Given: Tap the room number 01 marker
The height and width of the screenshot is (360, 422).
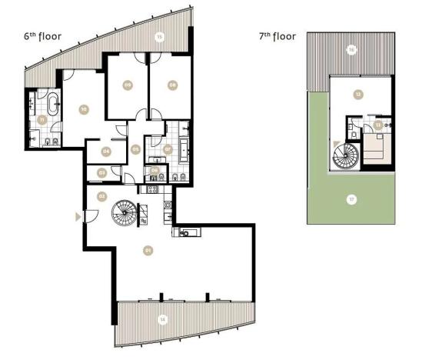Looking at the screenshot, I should (x=148, y=249).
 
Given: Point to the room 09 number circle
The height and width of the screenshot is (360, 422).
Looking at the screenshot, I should (x=128, y=85).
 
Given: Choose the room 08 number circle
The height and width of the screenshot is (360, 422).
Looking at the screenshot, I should (x=172, y=85).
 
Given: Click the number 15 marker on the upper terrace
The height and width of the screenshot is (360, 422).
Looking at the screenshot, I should (x=159, y=36).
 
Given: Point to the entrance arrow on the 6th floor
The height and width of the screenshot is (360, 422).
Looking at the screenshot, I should (x=77, y=217).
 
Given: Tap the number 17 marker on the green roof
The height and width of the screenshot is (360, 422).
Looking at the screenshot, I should (x=351, y=200).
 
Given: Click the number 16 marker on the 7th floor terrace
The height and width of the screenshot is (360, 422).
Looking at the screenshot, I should (x=351, y=48).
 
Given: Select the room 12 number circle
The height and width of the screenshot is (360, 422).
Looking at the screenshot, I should (x=357, y=95).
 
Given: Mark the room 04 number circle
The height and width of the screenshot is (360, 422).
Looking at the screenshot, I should (x=106, y=151).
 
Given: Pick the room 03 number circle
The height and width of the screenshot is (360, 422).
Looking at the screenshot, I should (x=102, y=173).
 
